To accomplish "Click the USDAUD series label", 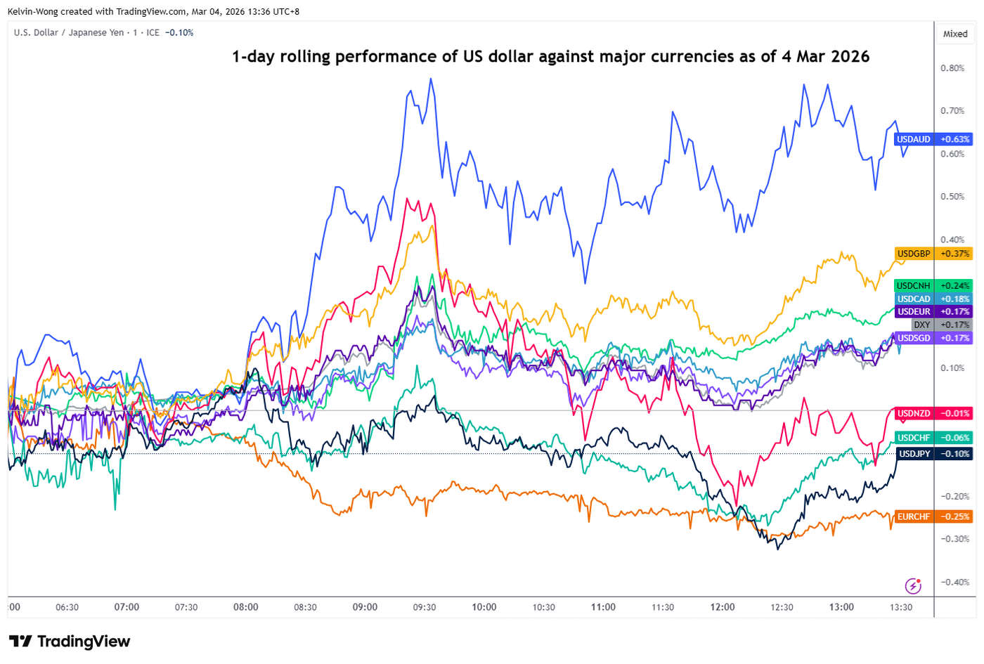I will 933,139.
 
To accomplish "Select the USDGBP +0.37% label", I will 933,254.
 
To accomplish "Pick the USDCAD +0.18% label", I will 933,299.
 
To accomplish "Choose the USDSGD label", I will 933,338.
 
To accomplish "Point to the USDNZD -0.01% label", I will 933,413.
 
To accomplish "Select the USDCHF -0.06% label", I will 933,438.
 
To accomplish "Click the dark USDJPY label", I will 933,454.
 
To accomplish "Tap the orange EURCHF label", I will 933,516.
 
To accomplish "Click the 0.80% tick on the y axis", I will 952,68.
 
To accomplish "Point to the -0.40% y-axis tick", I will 954,582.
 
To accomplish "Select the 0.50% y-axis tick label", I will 952,197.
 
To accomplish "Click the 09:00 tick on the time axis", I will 365,607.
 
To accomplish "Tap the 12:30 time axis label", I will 782,607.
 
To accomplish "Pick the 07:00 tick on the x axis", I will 127,607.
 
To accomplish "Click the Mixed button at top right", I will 955,34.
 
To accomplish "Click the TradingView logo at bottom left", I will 70,641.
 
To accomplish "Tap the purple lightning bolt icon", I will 912,585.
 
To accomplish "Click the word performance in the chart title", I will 385,57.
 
